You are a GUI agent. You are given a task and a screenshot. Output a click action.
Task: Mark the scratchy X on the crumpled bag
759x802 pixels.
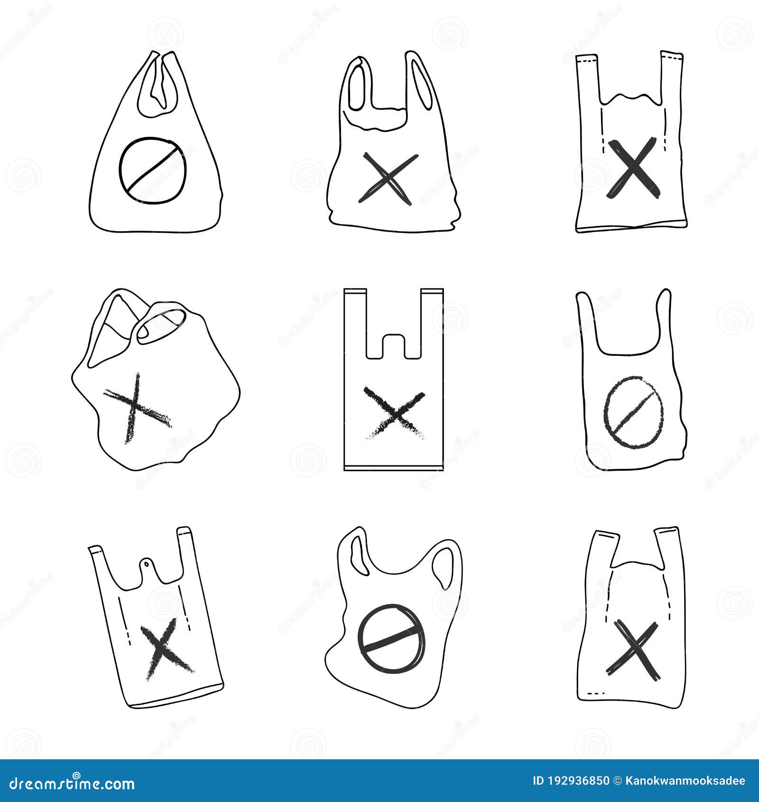tap(136, 409)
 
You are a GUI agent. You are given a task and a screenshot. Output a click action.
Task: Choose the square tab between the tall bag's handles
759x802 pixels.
tap(394, 345)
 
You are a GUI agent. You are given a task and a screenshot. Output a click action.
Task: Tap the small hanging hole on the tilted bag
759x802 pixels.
tap(147, 564)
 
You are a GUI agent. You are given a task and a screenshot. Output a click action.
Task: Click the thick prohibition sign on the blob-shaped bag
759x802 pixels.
tap(391, 638)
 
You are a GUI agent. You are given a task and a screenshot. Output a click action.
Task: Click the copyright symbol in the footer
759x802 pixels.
tap(618, 781)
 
